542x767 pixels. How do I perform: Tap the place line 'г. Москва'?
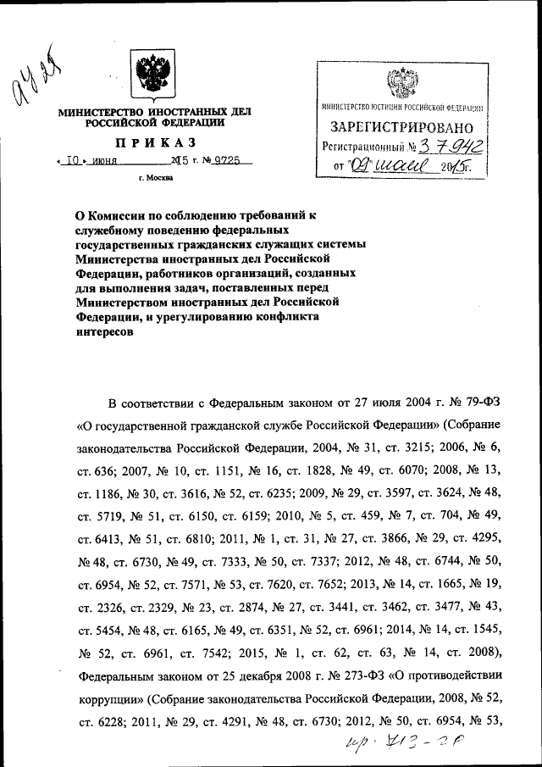tap(155, 178)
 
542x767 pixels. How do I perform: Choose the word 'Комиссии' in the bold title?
tap(120, 216)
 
